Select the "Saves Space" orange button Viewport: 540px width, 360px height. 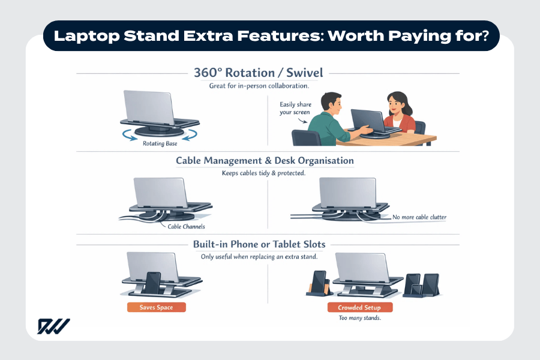click(x=156, y=307)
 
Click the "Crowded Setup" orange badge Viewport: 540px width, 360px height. click(x=360, y=307)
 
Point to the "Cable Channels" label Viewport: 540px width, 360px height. click(x=187, y=227)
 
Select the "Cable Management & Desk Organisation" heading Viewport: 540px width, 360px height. click(x=265, y=161)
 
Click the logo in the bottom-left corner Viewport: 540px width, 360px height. click(x=54, y=326)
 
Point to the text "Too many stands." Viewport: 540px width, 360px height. click(x=360, y=318)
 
